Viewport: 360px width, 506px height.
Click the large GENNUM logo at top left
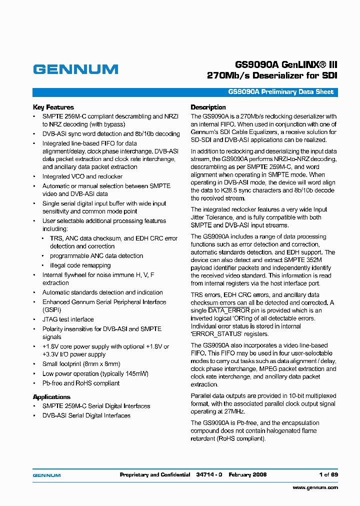point(75,69)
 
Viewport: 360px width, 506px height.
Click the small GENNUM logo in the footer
point(46,475)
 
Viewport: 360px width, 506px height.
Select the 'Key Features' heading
point(53,107)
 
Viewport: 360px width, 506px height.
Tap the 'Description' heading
point(208,107)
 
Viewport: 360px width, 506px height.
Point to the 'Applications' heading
point(51,396)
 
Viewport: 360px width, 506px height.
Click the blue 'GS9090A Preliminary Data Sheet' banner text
point(280,92)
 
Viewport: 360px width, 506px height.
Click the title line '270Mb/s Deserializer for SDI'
point(272,75)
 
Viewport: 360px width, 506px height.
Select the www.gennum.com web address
point(315,487)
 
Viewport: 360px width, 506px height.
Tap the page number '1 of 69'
point(328,474)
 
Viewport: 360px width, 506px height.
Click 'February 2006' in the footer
point(247,474)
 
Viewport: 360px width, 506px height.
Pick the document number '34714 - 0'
point(209,474)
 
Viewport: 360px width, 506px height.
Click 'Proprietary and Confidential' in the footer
point(155,474)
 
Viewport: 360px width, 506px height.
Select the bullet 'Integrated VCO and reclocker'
point(82,176)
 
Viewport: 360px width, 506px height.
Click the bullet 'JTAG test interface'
point(68,319)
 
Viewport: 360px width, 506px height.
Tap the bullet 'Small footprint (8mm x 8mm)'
point(81,364)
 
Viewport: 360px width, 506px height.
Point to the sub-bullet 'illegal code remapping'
point(80,265)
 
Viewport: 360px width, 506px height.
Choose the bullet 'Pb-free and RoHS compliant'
point(81,383)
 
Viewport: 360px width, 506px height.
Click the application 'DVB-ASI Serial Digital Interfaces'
point(86,415)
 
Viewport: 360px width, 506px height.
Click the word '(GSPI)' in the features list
point(51,310)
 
